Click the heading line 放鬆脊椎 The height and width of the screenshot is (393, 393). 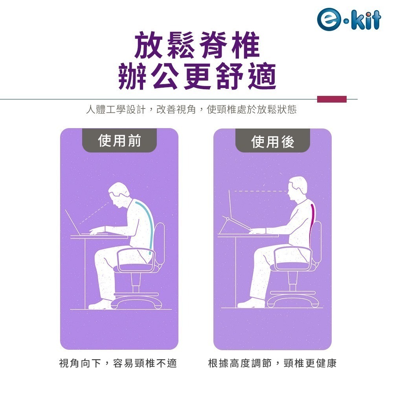click(x=197, y=47)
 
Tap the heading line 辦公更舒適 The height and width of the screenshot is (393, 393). click(x=197, y=77)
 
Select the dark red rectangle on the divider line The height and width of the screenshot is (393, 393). click(x=332, y=99)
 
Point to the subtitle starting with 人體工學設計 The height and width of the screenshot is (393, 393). click(x=191, y=110)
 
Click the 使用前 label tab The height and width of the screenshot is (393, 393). click(x=119, y=141)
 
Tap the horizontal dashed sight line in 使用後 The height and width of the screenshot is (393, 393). click(x=259, y=191)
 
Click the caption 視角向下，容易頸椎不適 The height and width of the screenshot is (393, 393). click(x=118, y=364)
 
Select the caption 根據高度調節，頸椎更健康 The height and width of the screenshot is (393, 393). click(x=272, y=364)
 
